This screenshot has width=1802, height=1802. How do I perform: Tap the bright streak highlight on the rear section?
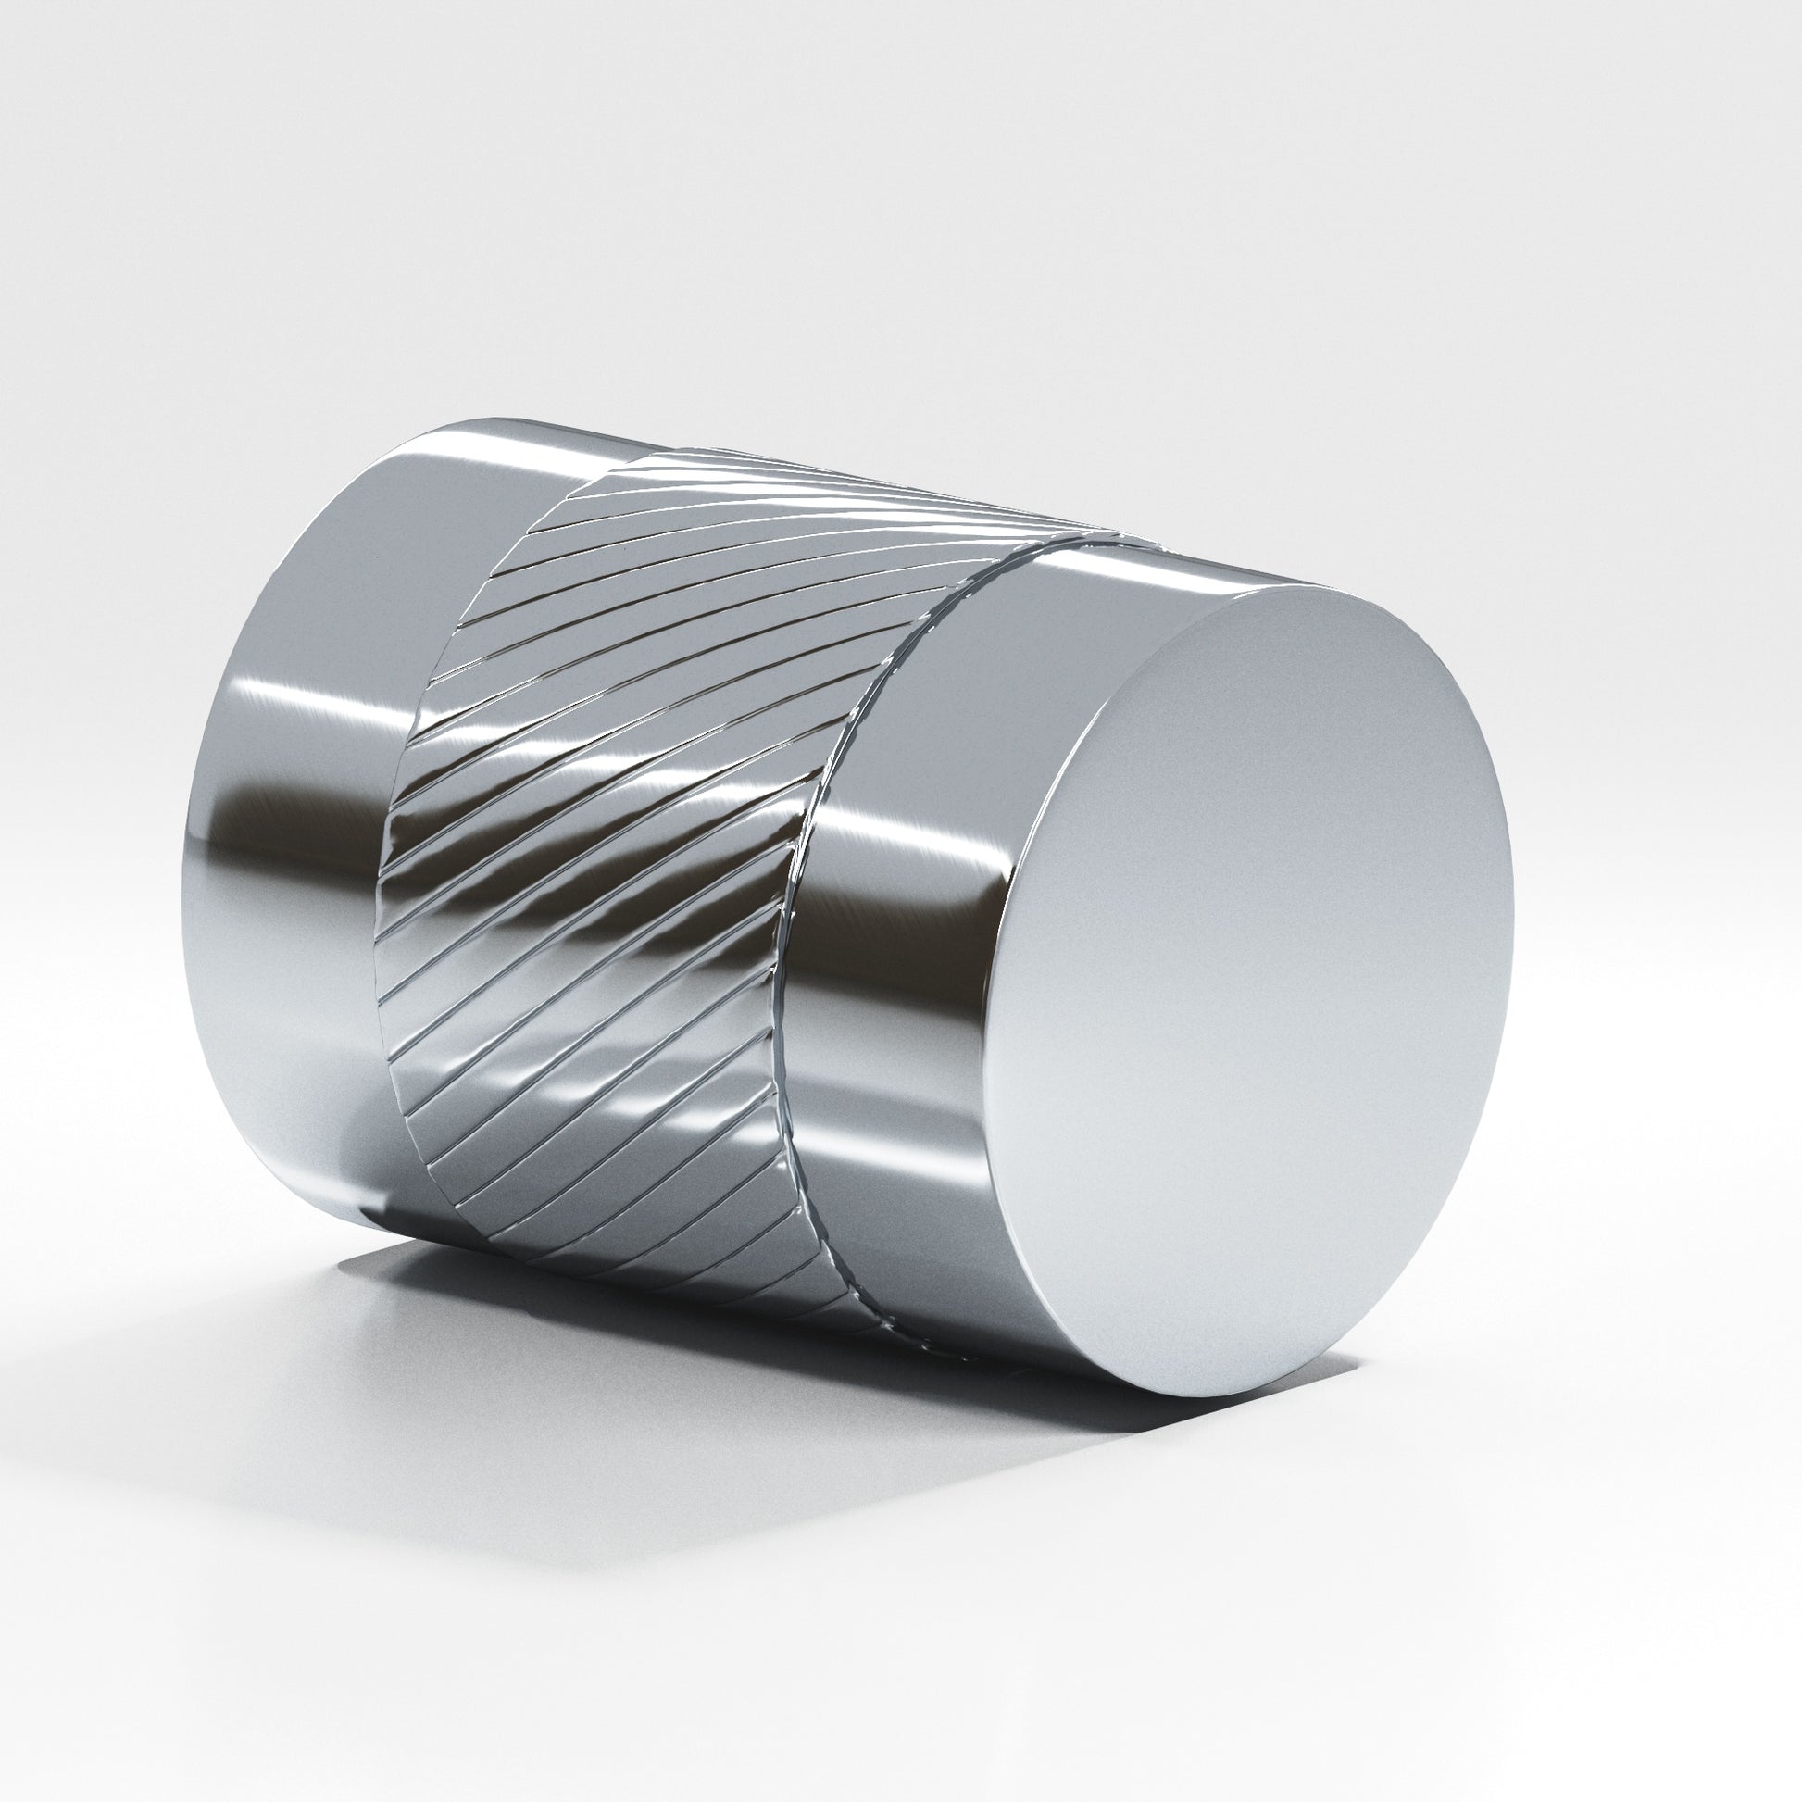tap(307, 709)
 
